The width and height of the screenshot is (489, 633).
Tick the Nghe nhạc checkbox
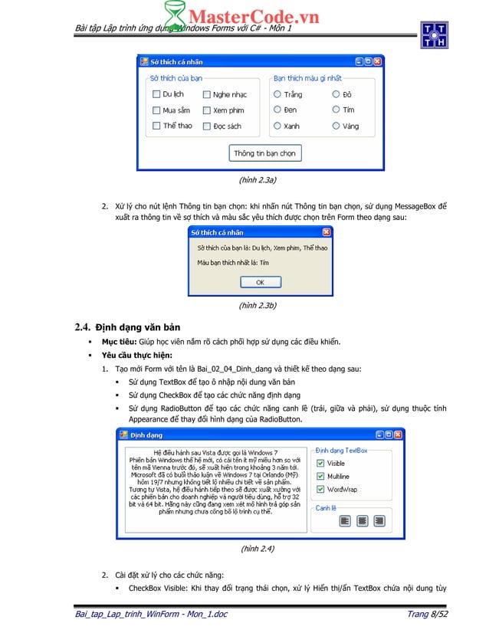[207, 94]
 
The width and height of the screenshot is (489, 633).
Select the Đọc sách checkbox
[207, 126]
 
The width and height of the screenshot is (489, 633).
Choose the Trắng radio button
[277, 94]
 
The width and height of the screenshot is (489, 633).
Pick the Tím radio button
[336, 110]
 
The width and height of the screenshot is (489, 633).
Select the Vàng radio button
[336, 126]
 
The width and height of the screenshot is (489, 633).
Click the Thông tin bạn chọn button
[264, 153]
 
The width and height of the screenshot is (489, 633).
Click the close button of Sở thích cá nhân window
[377, 61]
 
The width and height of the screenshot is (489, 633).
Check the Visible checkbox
[320, 464]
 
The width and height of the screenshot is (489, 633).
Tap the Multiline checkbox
[320, 476]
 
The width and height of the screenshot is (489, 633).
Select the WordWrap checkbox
[320, 489]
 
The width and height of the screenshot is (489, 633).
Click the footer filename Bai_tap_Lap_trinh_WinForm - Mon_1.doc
[150, 615]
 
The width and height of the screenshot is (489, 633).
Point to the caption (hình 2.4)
[258, 549]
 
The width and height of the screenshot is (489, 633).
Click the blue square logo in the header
[434, 35]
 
